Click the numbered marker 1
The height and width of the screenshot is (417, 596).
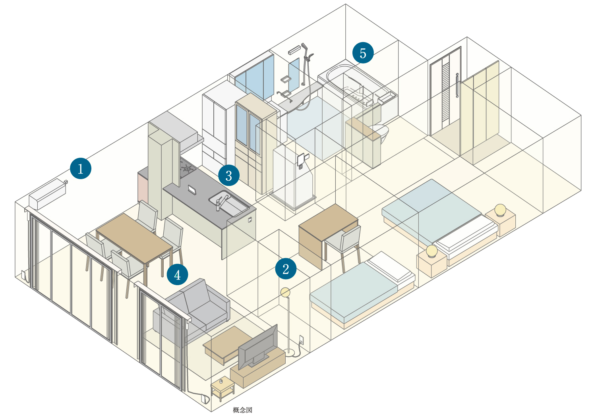tap(81, 168)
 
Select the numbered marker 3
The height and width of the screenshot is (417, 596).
tap(228, 175)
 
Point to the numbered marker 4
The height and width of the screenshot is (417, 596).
tap(177, 274)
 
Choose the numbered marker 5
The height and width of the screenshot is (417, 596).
tap(363, 53)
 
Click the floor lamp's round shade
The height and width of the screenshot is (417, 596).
tap(285, 292)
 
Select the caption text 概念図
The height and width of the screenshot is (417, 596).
tap(242, 410)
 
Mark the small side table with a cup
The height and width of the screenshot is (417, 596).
tap(222, 387)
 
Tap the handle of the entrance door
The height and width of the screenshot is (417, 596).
tap(457, 85)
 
